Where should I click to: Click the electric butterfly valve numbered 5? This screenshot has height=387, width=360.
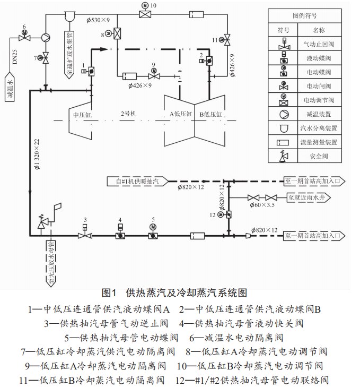(153, 233)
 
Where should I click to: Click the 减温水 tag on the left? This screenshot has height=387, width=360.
(10, 87)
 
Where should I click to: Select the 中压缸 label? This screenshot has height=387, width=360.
(83, 115)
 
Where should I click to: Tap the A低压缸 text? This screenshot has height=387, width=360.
(181, 114)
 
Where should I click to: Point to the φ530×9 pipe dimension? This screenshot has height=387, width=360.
(98, 20)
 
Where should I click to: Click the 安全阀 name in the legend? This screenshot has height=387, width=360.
(319, 156)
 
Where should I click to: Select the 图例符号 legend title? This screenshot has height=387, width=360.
(305, 16)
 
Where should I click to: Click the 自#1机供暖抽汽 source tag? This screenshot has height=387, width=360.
(137, 182)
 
